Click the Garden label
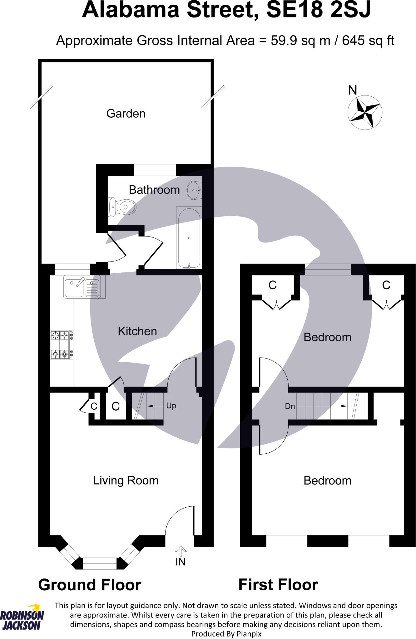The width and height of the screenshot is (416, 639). click(x=126, y=114)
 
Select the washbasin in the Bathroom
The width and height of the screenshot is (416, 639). click(x=194, y=190)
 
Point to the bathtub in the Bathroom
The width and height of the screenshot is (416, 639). click(x=189, y=238)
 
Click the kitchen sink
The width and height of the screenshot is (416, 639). click(x=82, y=286)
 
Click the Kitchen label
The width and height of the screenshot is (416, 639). click(x=137, y=331)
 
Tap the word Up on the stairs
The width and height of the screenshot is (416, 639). click(x=171, y=406)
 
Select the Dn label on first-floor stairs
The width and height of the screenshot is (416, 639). click(x=290, y=406)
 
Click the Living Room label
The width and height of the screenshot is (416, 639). click(x=126, y=480)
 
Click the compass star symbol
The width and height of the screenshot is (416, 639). click(x=365, y=112)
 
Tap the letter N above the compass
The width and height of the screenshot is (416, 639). click(x=353, y=90)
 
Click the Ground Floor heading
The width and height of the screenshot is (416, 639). click(x=90, y=585)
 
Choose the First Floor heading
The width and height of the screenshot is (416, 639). click(x=278, y=585)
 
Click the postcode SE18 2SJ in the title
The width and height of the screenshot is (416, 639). click(x=318, y=10)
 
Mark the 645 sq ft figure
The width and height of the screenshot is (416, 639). click(x=368, y=41)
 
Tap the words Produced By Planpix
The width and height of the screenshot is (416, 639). click(x=226, y=634)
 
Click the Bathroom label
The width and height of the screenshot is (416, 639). click(x=154, y=190)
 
